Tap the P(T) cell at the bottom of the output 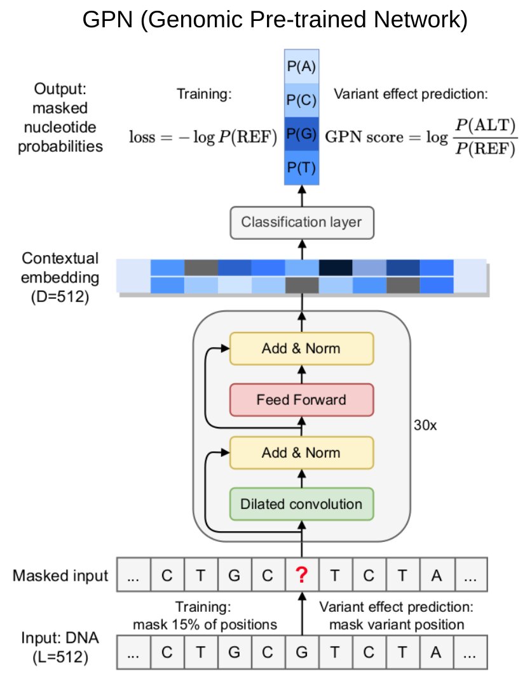coord(301,168)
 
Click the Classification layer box coord(301,222)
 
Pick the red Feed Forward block coord(301,400)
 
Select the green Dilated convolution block coord(301,505)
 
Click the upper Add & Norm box coord(301,348)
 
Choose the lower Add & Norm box coord(301,453)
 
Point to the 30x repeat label coord(425,425)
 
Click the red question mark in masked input coord(302,576)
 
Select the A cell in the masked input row coord(436,576)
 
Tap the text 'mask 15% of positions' coord(205,624)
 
